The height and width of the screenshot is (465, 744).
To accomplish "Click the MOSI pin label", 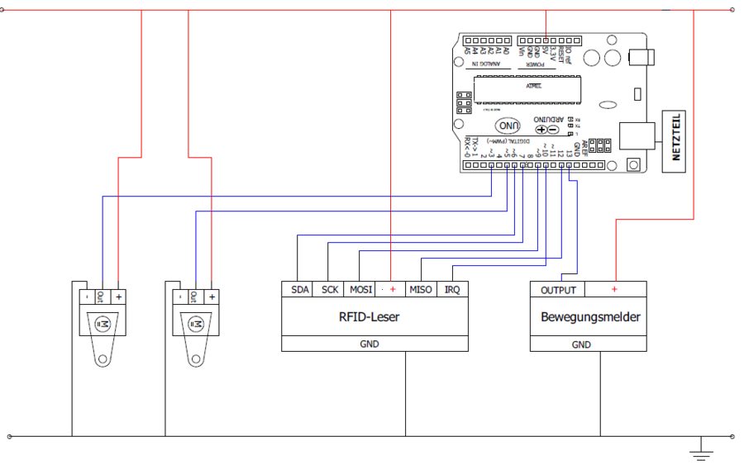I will tap(360, 290).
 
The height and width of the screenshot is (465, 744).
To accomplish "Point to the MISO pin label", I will tap(421, 290).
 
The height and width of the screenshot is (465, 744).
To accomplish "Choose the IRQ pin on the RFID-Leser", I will tap(451, 290).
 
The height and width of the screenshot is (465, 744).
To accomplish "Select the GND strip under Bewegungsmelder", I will tap(589, 344).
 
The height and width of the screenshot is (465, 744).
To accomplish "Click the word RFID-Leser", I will tap(370, 316).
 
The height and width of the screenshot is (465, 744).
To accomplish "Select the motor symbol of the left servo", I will tap(103, 323).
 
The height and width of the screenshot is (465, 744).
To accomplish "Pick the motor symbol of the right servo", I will tap(196, 323).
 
